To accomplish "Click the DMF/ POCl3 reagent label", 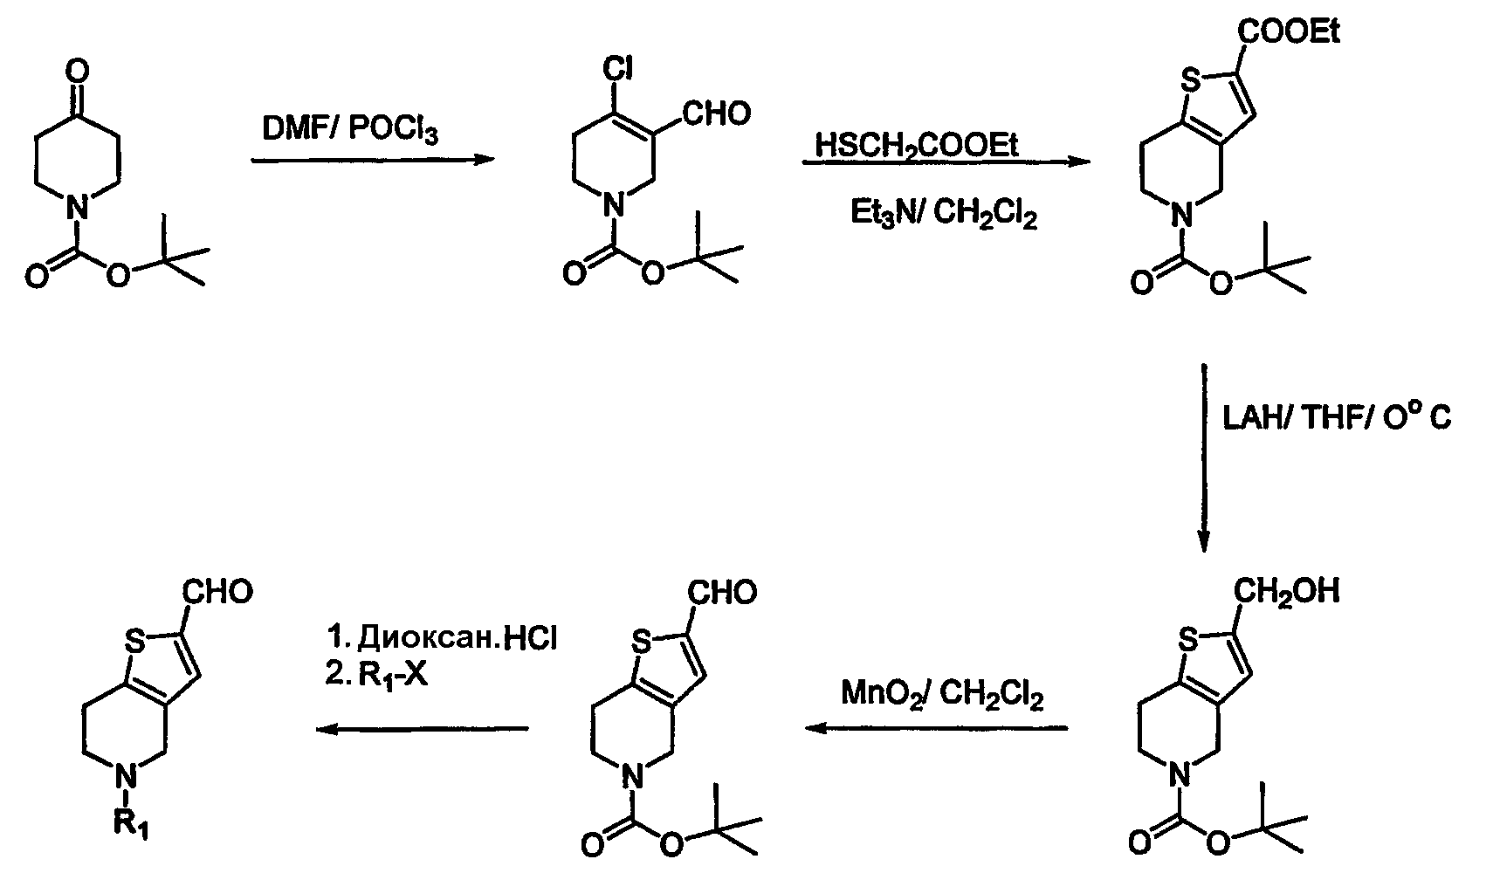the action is coord(350,128).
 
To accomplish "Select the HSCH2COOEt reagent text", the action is coord(917,145).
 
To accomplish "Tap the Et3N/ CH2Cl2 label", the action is coord(944,215).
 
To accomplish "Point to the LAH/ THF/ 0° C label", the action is coord(1337,418).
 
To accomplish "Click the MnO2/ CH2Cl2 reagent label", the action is coord(942,694).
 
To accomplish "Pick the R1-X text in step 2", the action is coord(393,676).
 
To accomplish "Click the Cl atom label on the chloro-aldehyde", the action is coord(617,69).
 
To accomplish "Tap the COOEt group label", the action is coord(1289,31).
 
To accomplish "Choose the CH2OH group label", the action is coord(1286,591).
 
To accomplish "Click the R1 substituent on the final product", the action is coord(131,826).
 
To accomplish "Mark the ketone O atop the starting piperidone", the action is coord(78,72).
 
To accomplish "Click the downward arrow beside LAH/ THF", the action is coord(1204,457).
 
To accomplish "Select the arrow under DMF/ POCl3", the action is coord(374,159).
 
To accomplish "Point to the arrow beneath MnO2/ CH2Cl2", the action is coord(937,728).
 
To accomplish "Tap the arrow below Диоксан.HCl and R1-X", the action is coord(422,729).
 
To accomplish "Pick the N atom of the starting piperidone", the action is coord(78,210).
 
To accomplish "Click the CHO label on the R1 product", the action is coord(217,592).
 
